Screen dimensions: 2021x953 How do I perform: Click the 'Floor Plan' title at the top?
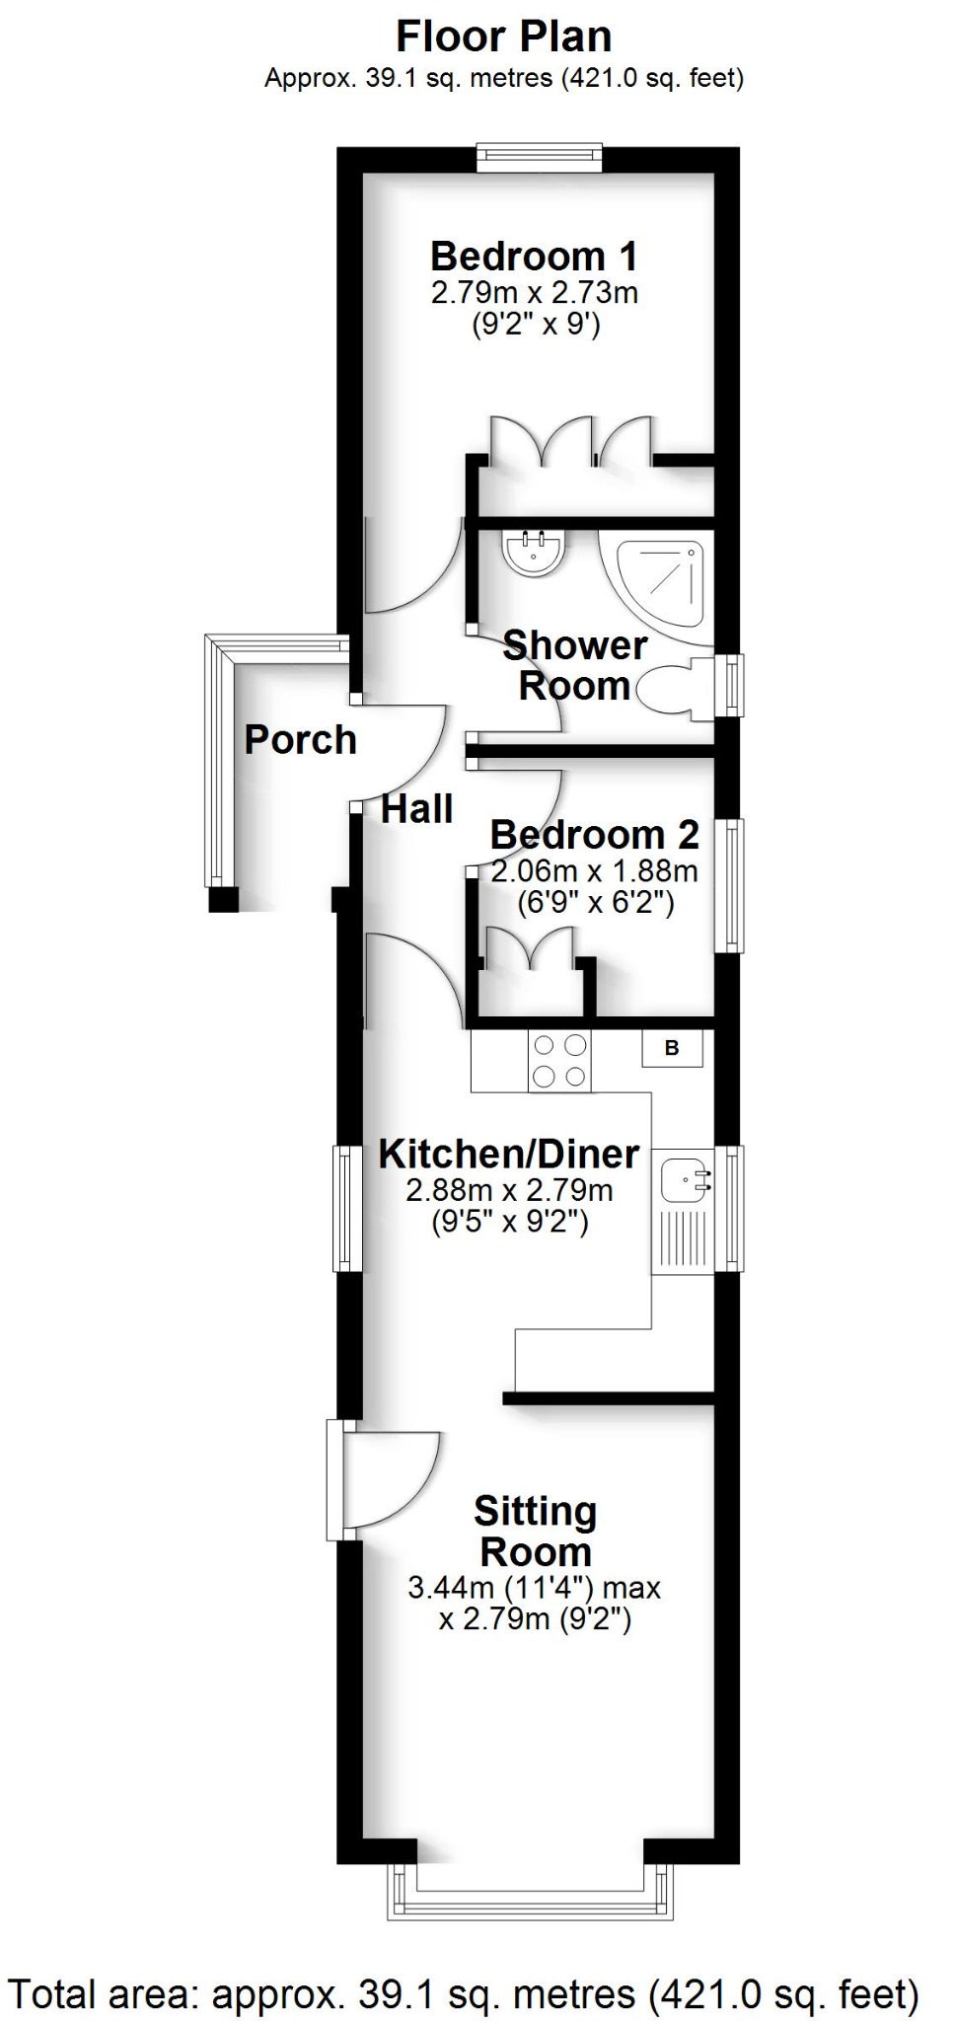coord(503,37)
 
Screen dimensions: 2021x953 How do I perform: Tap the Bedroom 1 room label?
coord(534,257)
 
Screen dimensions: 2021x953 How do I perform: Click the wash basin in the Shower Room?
coord(534,551)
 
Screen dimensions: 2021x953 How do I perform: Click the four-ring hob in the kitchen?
coord(559,1061)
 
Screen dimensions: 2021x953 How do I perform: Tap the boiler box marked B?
coord(672,1048)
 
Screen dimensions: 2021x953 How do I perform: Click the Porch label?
coord(300,740)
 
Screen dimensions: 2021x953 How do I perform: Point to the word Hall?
coord(416,809)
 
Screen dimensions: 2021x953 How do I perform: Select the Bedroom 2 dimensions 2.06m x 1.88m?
coord(594,871)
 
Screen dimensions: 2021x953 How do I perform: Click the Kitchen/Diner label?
coord(509,1154)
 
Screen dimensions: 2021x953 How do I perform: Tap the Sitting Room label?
coord(535,1532)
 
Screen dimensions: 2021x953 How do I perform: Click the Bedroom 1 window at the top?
coord(539,158)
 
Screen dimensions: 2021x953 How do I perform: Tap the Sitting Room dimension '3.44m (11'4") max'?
coord(534,1589)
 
